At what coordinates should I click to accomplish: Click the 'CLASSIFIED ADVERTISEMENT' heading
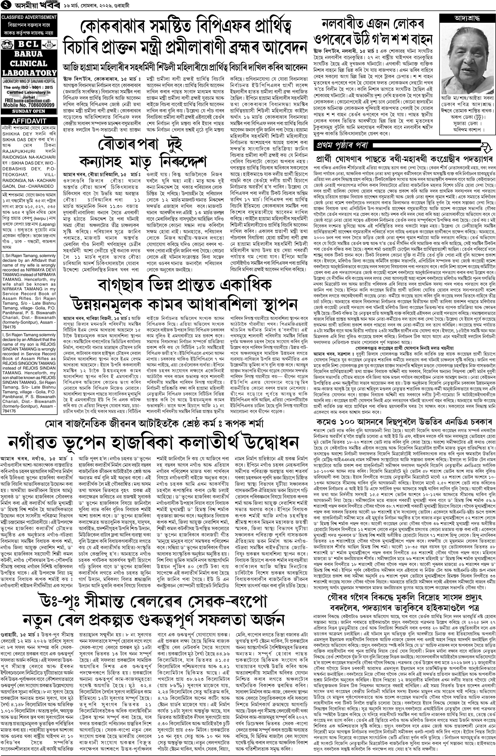pos(29,17)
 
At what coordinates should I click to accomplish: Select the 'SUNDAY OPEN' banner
pos(29,111)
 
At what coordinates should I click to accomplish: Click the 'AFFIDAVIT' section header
pos(29,121)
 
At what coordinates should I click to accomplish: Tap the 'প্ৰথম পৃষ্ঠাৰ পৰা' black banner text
pos(341,146)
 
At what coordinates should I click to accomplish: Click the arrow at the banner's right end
pos(485,146)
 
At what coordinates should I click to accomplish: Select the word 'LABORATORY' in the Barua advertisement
pos(29,72)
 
